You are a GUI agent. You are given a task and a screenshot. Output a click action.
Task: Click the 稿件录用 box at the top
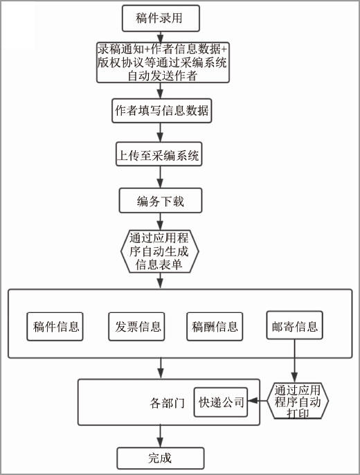161,18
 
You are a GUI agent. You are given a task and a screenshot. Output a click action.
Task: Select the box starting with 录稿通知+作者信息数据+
163,62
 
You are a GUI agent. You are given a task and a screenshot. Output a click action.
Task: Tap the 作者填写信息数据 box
162,111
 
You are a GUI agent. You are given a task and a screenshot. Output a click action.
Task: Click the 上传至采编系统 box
159,154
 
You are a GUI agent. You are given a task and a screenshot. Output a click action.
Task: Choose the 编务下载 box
161,201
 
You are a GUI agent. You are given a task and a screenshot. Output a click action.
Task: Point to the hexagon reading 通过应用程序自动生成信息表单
159,251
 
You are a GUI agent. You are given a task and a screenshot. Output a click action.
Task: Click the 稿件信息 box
55,327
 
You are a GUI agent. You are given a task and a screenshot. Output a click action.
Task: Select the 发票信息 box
136,327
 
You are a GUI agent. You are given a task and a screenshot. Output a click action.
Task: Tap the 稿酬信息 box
215,327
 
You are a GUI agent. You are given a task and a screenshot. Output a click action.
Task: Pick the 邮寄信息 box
295,325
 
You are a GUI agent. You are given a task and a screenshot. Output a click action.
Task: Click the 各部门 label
167,403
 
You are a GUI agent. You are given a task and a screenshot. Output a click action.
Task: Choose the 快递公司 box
221,402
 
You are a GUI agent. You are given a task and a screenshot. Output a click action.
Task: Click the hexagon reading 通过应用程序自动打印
298,401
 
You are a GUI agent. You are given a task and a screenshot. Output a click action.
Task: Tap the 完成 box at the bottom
161,458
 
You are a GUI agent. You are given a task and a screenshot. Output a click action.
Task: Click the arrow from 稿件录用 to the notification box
160,37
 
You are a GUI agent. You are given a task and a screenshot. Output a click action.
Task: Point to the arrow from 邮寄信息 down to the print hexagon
294,361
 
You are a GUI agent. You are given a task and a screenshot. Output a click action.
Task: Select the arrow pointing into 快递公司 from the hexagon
258,401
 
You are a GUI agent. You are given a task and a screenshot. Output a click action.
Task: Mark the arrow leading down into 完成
160,436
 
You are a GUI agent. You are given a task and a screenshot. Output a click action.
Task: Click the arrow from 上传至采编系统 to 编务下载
160,177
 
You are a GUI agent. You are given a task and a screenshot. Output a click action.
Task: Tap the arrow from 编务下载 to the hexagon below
160,222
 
